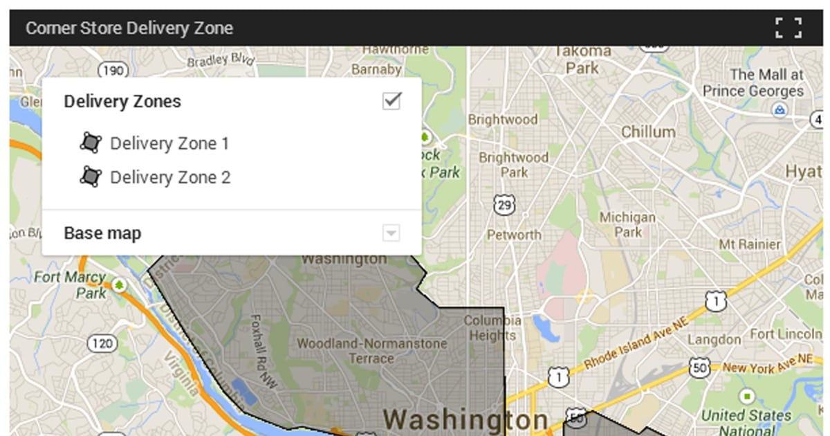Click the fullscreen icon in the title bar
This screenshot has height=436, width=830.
(x=788, y=28)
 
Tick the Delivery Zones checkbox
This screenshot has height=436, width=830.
(x=391, y=101)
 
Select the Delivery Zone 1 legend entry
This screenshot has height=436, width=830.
(x=169, y=143)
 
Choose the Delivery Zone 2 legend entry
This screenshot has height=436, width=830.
(x=170, y=177)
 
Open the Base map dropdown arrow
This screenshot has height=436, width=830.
(x=391, y=233)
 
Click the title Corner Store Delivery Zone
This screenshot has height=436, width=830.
(x=129, y=28)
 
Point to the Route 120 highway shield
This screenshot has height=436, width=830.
(x=101, y=343)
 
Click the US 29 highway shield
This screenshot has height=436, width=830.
(x=504, y=205)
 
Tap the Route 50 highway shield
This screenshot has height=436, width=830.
(x=699, y=367)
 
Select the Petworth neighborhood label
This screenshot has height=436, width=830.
(x=514, y=235)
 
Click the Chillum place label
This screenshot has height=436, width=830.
(x=648, y=131)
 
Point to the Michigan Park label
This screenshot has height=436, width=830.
(x=627, y=225)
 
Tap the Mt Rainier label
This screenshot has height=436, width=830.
(x=750, y=244)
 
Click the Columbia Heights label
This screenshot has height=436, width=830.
(x=492, y=328)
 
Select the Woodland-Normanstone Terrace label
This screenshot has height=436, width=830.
(x=372, y=350)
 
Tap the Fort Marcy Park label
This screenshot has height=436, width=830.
(x=71, y=284)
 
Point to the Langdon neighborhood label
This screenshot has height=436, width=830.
(x=714, y=340)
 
